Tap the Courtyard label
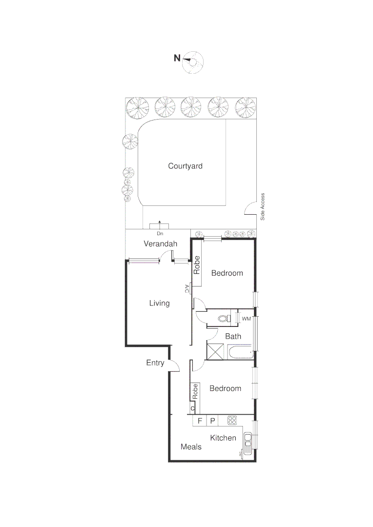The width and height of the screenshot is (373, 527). click(x=185, y=166)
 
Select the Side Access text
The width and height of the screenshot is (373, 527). click(x=262, y=207)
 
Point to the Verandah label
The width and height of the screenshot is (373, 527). click(x=160, y=244)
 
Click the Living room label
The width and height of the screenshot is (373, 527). click(x=159, y=303)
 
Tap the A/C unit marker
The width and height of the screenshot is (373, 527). click(x=187, y=289)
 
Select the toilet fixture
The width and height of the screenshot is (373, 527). click(x=224, y=319)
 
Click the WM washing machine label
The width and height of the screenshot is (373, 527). click(x=246, y=319)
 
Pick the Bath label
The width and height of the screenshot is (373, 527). click(x=233, y=336)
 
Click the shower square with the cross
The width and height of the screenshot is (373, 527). click(x=215, y=351)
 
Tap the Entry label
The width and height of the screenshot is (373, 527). click(x=155, y=363)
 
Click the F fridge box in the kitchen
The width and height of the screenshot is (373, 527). click(x=199, y=421)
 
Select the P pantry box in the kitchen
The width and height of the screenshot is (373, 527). click(x=212, y=421)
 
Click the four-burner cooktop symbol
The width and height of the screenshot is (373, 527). click(x=232, y=420)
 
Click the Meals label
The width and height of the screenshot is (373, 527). click(x=191, y=446)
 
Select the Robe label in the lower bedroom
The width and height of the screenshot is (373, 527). click(x=195, y=390)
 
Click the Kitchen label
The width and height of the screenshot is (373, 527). click(x=223, y=438)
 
